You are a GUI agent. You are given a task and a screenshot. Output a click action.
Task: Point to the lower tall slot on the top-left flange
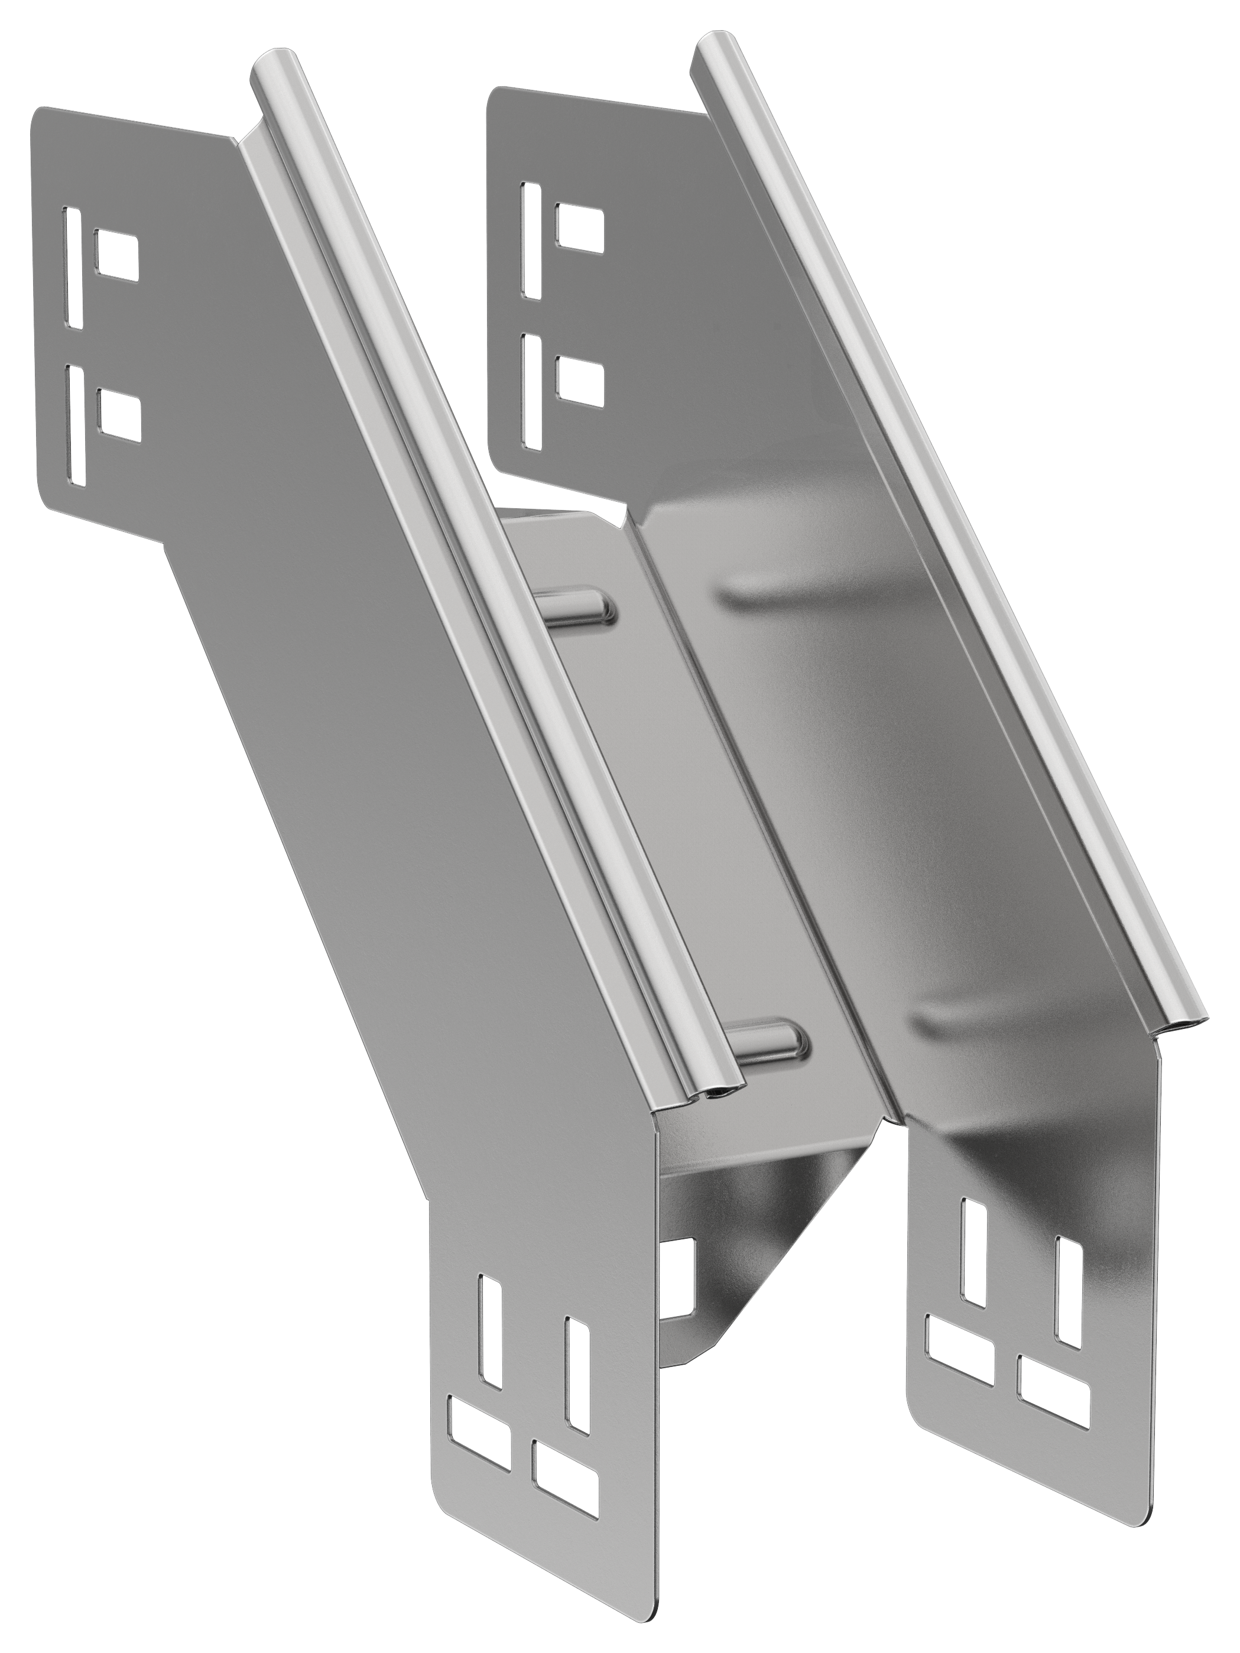(76, 424)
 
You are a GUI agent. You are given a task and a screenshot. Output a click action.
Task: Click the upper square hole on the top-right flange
(579, 226)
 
